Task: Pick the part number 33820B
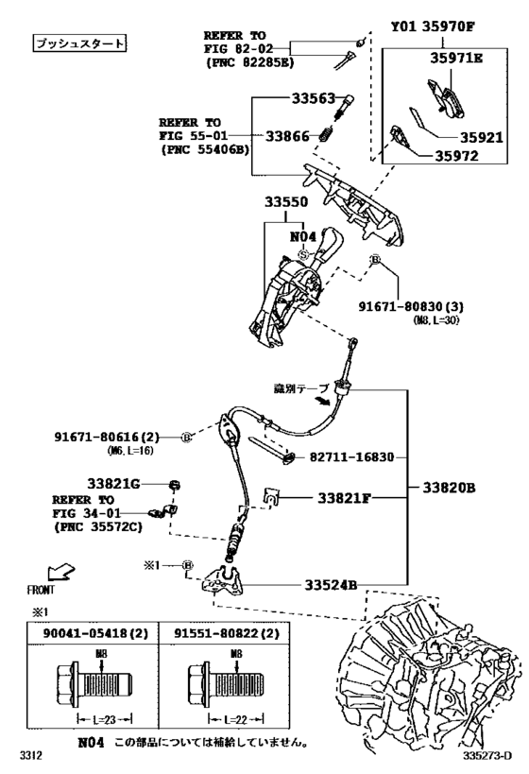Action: (455, 490)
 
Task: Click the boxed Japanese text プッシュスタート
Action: (78, 43)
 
